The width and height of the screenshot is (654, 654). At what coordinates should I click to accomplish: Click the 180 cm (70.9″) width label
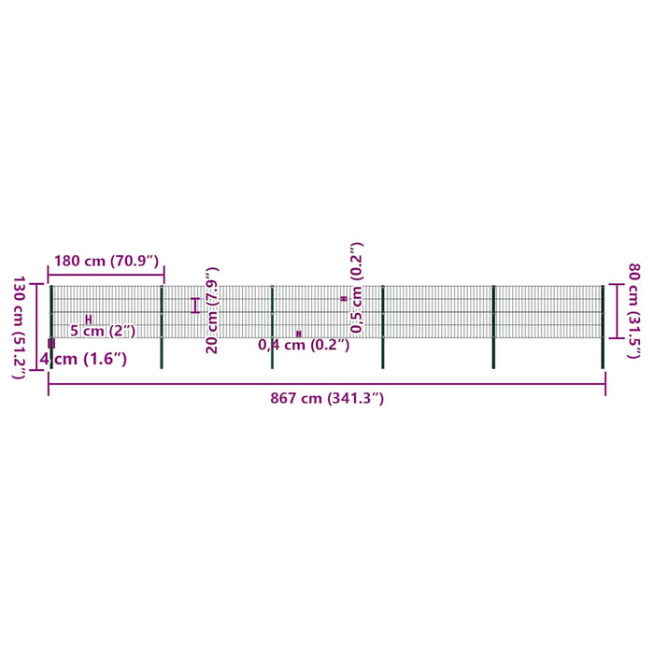[107, 261]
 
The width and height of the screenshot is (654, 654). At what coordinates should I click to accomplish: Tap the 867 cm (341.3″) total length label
[327, 398]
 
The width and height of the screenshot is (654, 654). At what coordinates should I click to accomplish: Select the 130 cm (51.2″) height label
[20, 327]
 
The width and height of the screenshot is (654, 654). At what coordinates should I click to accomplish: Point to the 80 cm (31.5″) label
[634, 310]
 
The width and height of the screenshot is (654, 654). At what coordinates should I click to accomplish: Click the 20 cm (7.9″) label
[212, 310]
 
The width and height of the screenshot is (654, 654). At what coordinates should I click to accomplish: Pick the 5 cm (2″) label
[103, 331]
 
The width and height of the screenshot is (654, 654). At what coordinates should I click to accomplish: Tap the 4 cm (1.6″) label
[83, 359]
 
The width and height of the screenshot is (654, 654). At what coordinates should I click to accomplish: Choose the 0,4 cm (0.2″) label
[304, 345]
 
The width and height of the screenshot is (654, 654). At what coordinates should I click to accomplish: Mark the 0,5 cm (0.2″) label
[357, 288]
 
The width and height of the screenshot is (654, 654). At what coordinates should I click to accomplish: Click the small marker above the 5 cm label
[89, 320]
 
